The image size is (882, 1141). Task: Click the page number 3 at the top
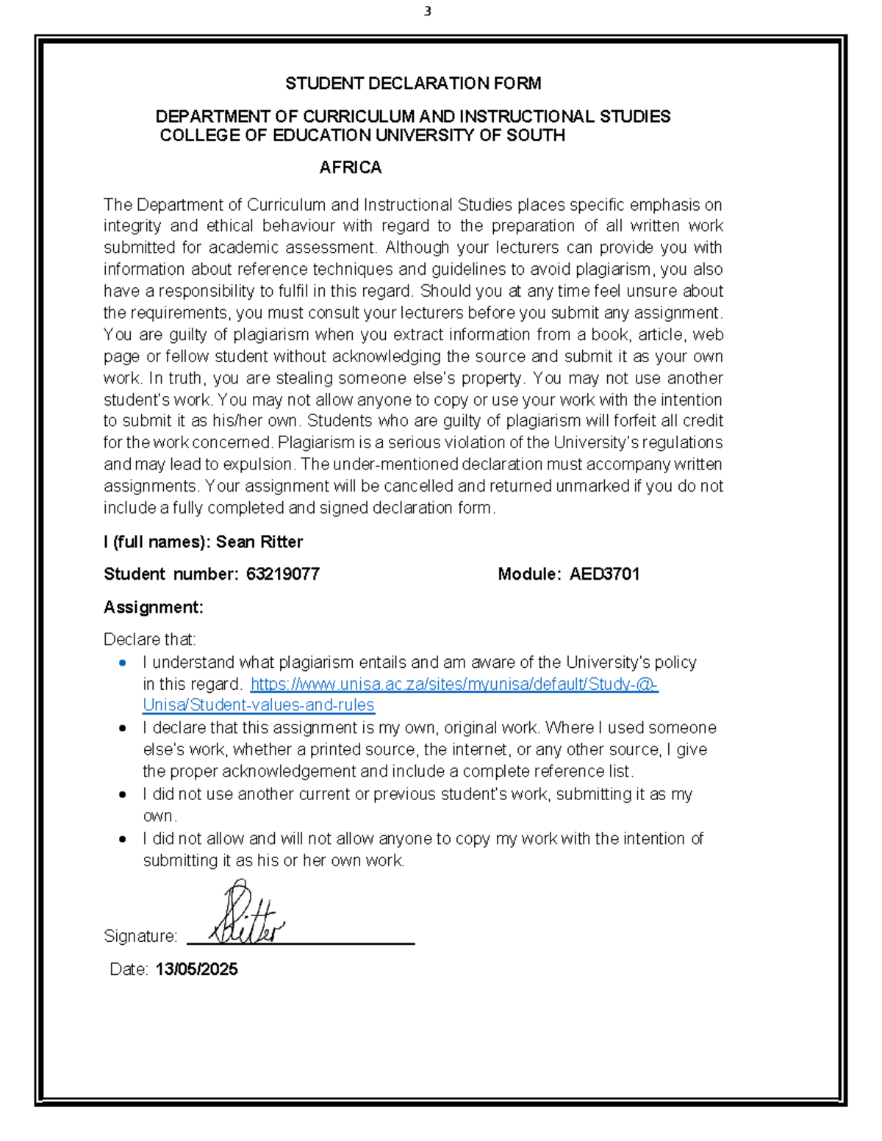pos(427,11)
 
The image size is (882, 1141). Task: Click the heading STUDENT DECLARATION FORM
pos(413,84)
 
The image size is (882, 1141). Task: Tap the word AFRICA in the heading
pos(350,168)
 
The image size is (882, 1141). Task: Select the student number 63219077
pos(283,574)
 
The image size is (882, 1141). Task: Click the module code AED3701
pos(604,574)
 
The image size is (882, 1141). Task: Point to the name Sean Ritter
pos(259,541)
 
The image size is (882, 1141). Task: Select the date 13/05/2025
pos(196,969)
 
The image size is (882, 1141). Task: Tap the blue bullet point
pos(123,663)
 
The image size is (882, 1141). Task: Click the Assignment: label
pos(153,607)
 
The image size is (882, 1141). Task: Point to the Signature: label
pos(140,936)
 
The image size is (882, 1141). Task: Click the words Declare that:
pos(150,639)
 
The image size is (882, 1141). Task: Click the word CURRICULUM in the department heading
pos(359,116)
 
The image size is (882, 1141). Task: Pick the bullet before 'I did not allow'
pos(123,839)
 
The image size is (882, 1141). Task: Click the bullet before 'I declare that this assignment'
pos(123,728)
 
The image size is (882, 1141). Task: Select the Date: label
pos(129,969)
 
